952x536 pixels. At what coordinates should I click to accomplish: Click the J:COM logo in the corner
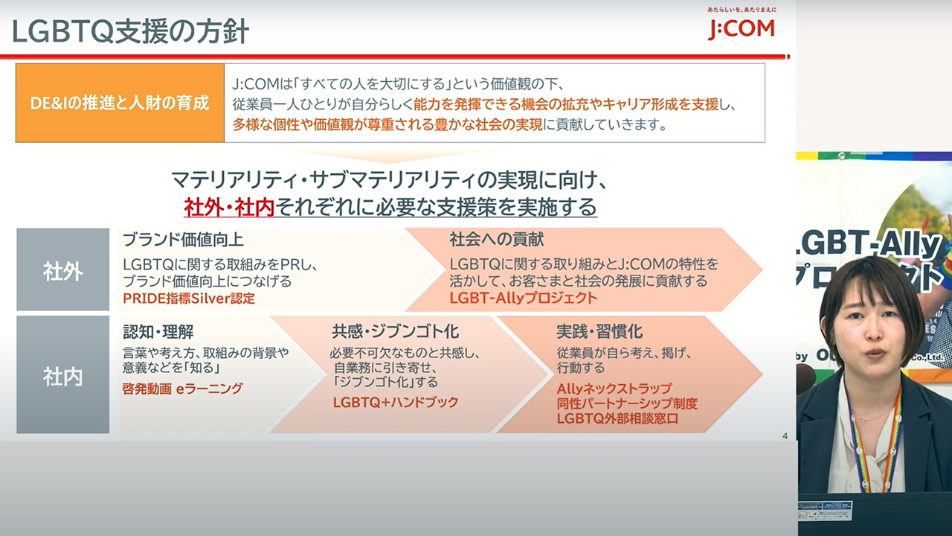coord(742,25)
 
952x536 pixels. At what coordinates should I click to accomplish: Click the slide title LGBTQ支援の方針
coord(130,32)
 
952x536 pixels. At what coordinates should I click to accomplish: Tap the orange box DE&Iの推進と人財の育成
coord(120,103)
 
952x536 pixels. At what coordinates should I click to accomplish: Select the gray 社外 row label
coord(63,269)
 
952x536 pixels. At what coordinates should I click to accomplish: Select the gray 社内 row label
coord(63,374)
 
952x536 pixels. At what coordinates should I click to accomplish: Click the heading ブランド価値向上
coord(183,240)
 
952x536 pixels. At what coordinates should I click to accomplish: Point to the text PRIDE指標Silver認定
coord(189,299)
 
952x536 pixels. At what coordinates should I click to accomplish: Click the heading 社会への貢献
coord(496,240)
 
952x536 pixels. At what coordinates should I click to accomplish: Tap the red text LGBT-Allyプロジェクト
coord(524,298)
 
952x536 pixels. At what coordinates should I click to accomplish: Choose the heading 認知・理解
coord(158,331)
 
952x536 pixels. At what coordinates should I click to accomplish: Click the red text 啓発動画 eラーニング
coord(183,389)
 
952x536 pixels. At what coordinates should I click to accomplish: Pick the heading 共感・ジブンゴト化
coord(395,331)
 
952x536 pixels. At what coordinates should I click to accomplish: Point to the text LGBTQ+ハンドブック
coord(396,402)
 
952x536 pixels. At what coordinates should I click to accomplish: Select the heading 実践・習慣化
coord(599,331)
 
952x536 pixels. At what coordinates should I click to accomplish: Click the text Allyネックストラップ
coord(614,389)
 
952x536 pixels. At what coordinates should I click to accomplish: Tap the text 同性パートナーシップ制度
coord(627,403)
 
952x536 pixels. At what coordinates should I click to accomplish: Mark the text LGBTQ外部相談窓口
coord(617,418)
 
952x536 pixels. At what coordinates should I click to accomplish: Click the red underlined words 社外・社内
coord(229,208)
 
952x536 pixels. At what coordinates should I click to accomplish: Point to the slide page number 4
coord(785,436)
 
